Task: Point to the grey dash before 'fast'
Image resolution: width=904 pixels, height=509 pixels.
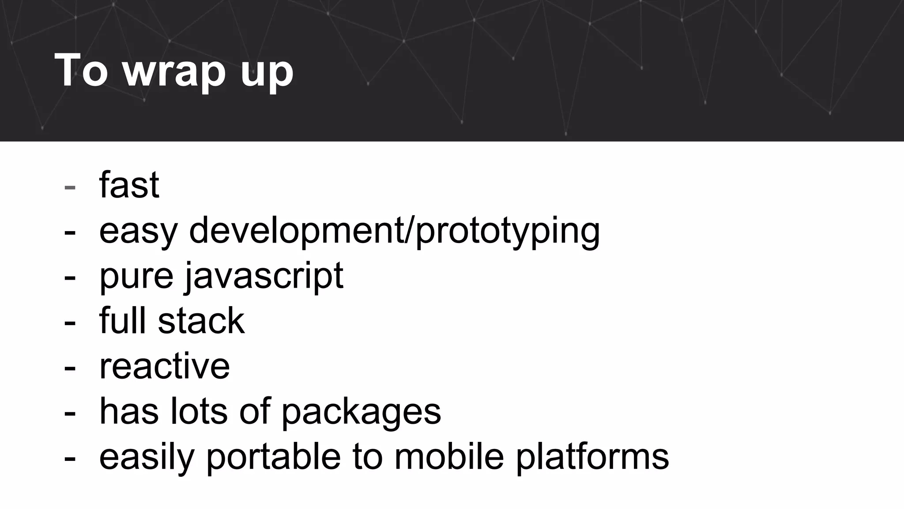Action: tap(70, 187)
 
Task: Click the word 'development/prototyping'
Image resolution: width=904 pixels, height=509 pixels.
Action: tap(394, 231)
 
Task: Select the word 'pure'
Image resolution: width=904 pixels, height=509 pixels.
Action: tap(136, 277)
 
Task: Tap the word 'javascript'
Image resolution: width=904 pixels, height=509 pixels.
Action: tap(264, 277)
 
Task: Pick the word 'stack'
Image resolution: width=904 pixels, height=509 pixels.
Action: tap(201, 321)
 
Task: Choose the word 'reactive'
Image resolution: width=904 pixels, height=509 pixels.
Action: tap(164, 366)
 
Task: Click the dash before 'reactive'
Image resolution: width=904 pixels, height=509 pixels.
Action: tap(70, 368)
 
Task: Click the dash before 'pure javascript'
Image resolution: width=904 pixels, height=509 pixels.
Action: tap(70, 277)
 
